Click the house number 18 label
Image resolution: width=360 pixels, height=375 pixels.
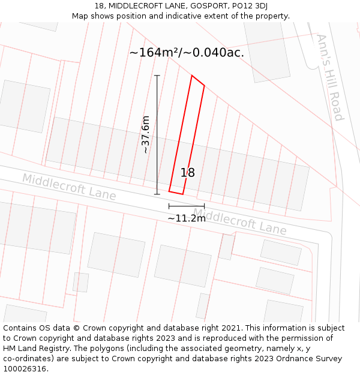(x=188, y=173)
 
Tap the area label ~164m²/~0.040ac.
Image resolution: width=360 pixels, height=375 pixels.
(x=187, y=53)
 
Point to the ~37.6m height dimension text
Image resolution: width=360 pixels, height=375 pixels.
(x=145, y=135)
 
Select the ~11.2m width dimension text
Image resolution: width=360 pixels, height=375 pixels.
(x=187, y=218)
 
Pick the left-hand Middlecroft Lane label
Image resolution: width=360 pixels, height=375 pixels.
(x=69, y=186)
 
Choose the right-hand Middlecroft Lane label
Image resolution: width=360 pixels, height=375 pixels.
(x=240, y=221)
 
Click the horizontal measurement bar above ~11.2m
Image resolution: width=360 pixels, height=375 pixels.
(x=187, y=206)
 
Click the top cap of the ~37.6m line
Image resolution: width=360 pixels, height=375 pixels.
(x=157, y=76)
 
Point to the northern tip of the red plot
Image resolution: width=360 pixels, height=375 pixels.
(x=192, y=76)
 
